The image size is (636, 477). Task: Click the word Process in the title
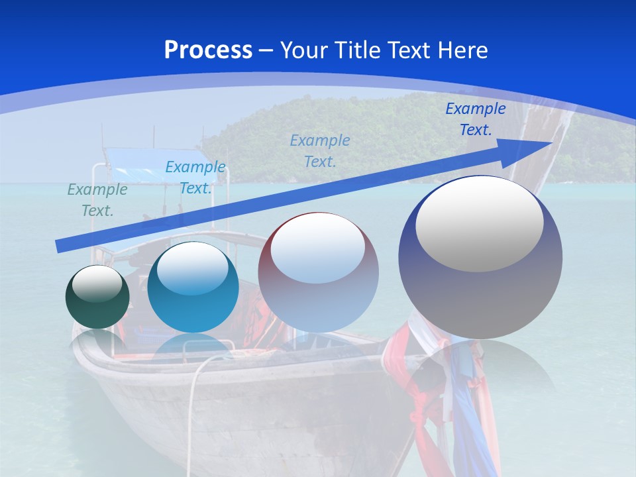[208, 50]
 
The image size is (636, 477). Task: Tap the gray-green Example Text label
[97, 200]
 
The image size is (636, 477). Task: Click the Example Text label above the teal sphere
[195, 178]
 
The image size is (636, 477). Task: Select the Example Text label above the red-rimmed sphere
[320, 150]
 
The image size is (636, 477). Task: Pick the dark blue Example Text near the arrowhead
[475, 119]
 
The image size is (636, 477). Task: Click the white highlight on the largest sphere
[480, 222]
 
